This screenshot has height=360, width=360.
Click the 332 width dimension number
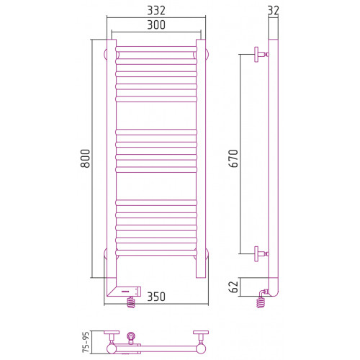156,11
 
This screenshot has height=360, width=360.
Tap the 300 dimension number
156,24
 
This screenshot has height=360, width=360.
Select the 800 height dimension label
85,158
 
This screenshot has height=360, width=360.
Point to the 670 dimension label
233,158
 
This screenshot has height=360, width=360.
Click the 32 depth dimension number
274,11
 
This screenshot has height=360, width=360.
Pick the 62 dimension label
233,287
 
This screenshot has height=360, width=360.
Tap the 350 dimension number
156,297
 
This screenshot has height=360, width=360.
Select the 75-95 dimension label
86,342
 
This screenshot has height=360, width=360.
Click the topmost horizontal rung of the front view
156,49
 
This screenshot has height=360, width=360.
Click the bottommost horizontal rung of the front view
156,253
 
